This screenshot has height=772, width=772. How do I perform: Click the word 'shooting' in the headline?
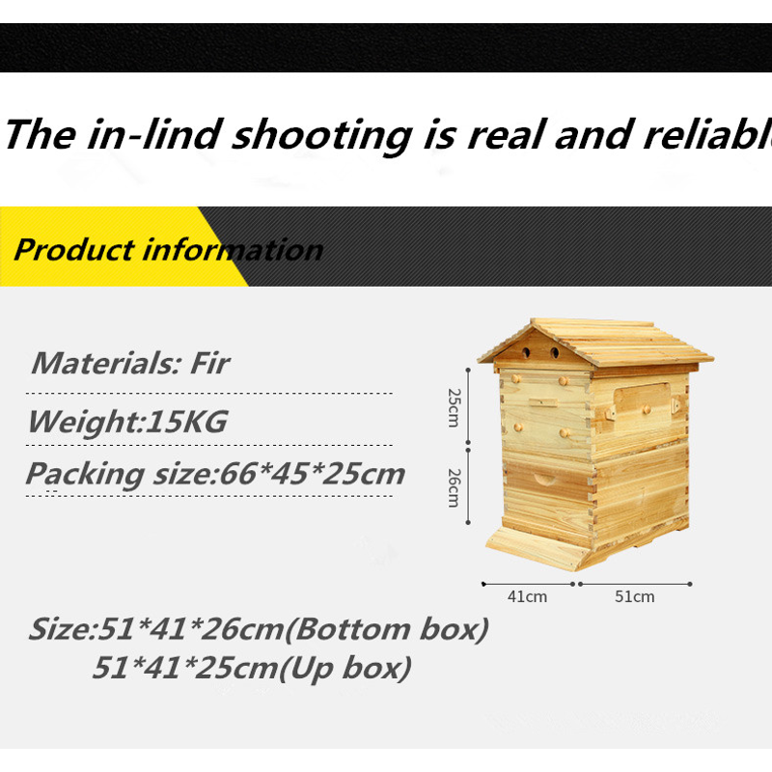coord(322,136)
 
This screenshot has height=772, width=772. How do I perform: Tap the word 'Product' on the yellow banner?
coord(74,250)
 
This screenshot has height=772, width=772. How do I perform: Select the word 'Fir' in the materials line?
coord(209,364)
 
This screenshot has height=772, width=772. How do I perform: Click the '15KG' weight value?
coord(187,422)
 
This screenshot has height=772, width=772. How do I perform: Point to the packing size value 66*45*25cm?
coord(312,474)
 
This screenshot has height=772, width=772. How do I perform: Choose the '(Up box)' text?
coord(345,668)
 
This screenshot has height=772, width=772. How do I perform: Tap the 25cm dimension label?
coord(454,407)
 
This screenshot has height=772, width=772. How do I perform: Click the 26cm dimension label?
coord(454,487)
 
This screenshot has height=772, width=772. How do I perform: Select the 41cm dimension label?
coord(527,596)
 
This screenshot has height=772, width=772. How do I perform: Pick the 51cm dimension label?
coord(635,596)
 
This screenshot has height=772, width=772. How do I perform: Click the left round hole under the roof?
coord(526,352)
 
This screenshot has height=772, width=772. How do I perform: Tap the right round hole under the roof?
coord(555,352)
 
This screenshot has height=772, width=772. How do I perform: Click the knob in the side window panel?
coord(647,409)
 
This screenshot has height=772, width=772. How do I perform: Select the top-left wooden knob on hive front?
coord(516,378)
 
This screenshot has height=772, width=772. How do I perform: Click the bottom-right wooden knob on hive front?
coord(565,433)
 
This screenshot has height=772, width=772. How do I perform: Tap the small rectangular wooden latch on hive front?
coord(543,402)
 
